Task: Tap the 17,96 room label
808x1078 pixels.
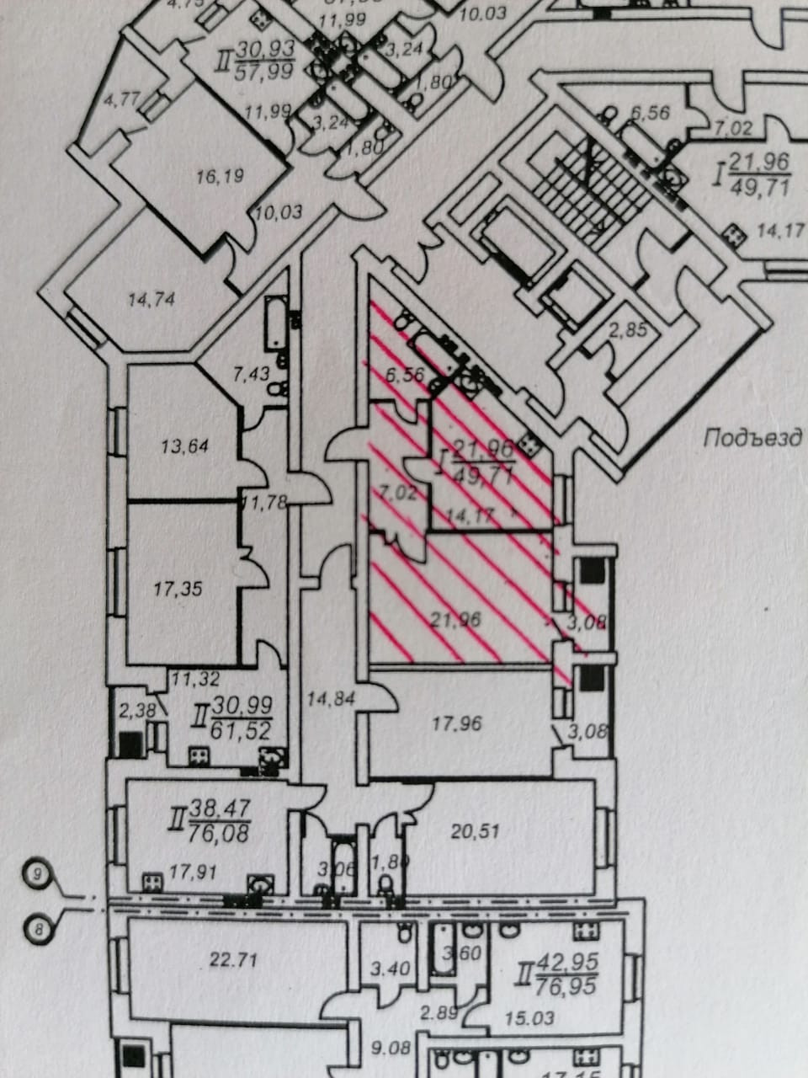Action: click(x=456, y=722)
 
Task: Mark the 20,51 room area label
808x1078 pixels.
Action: click(x=476, y=830)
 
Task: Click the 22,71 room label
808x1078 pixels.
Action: click(x=233, y=958)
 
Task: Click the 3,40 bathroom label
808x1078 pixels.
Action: click(x=391, y=969)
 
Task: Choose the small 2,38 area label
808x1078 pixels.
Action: click(x=137, y=709)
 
